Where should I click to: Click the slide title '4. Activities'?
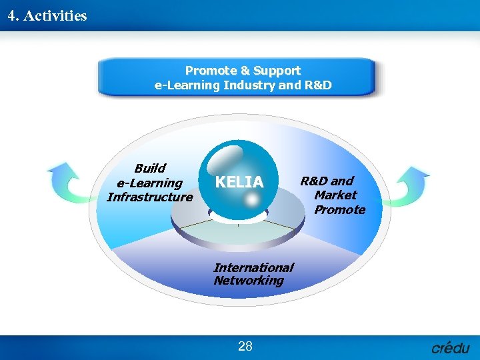(x=47, y=15)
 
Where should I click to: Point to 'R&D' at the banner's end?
(x=318, y=85)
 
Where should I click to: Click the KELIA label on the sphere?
(x=239, y=182)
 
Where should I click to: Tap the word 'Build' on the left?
(x=149, y=168)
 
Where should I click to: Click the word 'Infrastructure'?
(x=149, y=197)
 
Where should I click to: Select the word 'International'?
(x=253, y=267)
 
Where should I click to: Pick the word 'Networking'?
(x=249, y=281)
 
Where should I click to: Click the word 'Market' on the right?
(x=335, y=195)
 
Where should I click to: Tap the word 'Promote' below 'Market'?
(x=340, y=210)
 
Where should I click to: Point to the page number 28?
(x=245, y=346)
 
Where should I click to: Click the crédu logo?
(x=451, y=347)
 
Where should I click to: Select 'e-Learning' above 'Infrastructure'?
(x=149, y=183)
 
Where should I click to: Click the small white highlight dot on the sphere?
(x=247, y=199)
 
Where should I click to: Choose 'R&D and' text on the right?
(x=327, y=181)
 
